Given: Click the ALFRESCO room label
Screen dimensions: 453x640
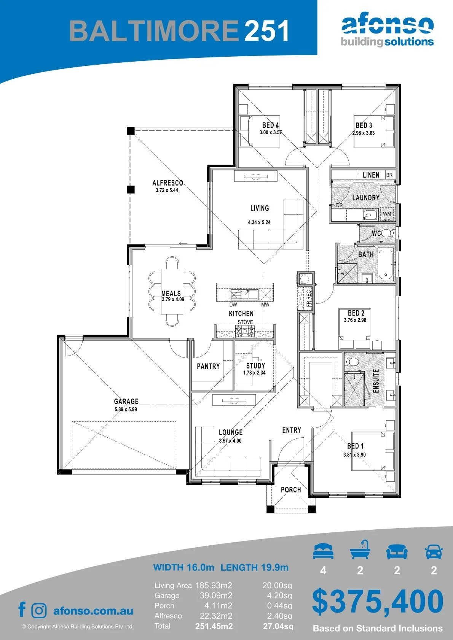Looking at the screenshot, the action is point(167,183).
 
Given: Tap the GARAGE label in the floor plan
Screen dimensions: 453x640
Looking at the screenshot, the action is point(126,401).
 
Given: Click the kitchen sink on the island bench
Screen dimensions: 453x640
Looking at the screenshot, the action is point(244,294).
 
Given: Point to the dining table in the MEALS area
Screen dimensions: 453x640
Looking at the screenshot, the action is point(172,291).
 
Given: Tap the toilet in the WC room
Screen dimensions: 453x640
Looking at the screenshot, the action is point(387,233).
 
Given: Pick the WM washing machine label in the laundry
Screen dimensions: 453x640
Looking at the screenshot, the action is point(387,214).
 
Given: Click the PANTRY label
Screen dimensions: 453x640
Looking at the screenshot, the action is point(208,366).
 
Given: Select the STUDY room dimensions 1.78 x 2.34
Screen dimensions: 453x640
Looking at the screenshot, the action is point(254,373).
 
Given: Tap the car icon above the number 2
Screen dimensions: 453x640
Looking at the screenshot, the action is point(434,551).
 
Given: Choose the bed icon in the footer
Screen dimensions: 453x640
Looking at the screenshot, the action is point(323,551).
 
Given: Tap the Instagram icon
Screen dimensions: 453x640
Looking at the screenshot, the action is point(39,611).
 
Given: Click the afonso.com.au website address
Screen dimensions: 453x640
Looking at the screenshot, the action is point(93,611).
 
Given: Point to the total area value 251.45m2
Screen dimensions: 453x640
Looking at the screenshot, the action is point(214,627).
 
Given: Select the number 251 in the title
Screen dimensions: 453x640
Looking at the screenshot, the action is point(266,31).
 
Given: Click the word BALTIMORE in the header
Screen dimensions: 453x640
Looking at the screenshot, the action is point(154,31).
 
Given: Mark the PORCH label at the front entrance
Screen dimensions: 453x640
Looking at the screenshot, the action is point(291,489).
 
